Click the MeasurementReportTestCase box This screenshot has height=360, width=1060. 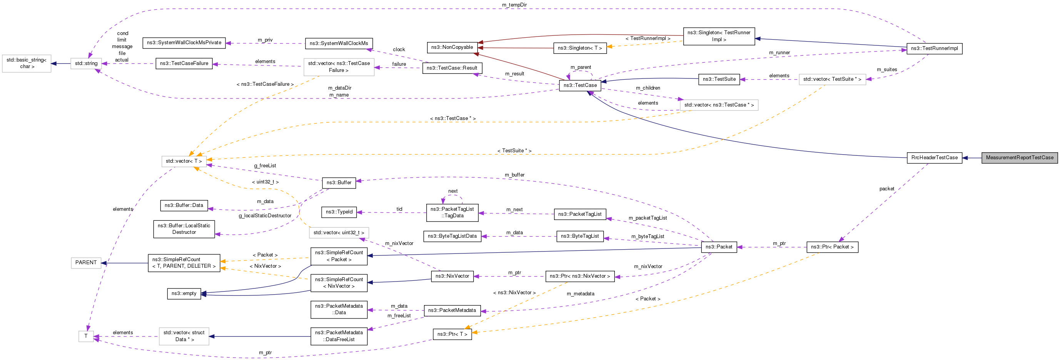point(1019,158)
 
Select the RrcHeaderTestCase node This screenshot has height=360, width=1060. point(934,158)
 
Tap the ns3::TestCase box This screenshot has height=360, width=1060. point(580,85)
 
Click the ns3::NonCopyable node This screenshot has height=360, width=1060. point(452,47)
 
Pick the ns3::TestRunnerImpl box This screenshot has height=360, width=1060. point(934,48)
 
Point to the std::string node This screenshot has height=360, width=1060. point(86,63)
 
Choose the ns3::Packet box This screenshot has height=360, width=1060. point(718,247)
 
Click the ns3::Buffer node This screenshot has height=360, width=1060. point(339,183)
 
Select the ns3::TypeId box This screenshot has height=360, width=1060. point(339,212)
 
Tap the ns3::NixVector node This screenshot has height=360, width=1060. point(452,276)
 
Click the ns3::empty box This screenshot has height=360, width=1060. point(184,293)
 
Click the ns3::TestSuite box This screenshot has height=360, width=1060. point(719,79)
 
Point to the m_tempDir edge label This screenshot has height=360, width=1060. point(514,5)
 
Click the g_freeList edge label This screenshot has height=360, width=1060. point(265,166)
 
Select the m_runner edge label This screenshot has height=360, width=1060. point(779,53)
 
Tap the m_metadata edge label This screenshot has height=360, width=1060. point(580,294)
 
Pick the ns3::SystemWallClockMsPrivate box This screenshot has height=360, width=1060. point(184,43)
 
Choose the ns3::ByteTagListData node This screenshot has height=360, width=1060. point(452,236)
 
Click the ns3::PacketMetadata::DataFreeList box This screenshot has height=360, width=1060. point(339,336)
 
